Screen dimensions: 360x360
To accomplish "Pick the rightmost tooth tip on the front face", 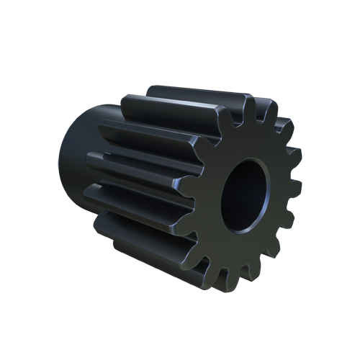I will (297, 189).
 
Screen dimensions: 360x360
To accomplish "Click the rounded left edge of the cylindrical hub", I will (60, 166).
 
